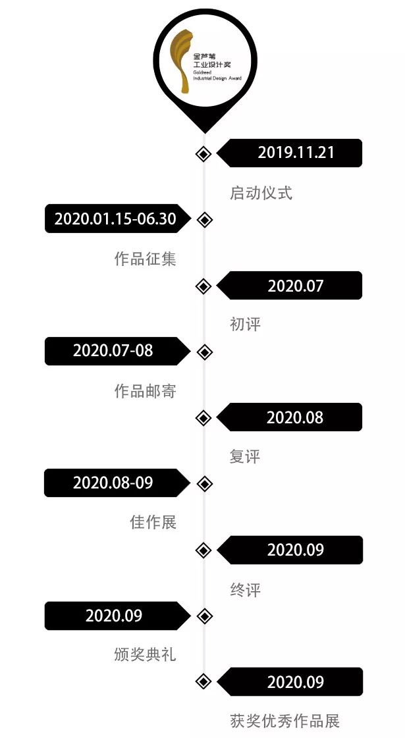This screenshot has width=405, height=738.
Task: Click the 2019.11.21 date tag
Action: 296,153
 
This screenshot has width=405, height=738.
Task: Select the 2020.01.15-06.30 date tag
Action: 115,219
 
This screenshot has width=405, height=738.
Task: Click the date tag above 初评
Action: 296,286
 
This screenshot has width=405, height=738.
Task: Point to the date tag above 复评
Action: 295,417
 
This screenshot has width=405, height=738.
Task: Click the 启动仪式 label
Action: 261,193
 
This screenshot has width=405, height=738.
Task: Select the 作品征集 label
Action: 145,259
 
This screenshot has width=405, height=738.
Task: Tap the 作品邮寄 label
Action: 145,391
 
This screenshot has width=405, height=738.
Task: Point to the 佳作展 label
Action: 153,523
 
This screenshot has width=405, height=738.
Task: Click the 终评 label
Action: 245,590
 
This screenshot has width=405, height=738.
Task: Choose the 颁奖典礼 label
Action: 145,656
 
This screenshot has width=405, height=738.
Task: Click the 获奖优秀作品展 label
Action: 284,722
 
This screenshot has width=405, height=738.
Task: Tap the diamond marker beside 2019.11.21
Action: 203,154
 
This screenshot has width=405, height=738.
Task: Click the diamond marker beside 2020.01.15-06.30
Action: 205,220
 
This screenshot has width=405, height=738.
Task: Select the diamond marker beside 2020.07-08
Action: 205,352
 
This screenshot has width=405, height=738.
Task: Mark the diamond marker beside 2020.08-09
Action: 205,484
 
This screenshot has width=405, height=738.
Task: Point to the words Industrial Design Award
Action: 217,78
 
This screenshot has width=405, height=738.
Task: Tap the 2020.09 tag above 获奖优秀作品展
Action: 296,682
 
